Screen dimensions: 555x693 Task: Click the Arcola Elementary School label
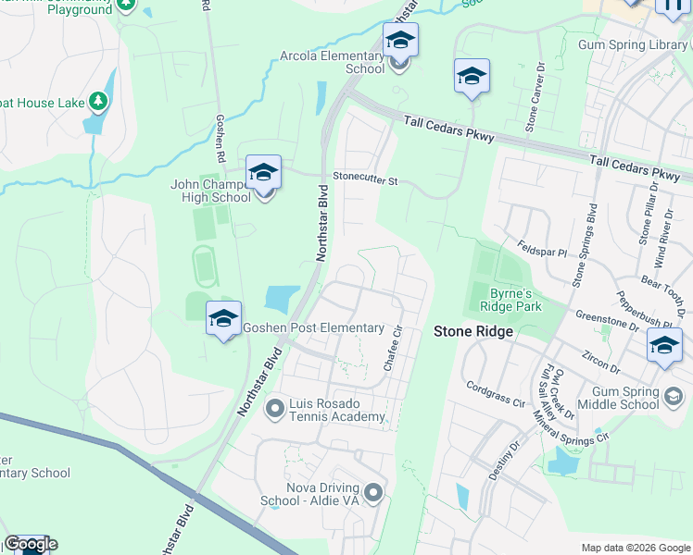pos(333,62)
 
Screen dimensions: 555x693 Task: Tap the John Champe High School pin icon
pos(263,173)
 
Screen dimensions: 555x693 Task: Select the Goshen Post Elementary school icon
pos(223,319)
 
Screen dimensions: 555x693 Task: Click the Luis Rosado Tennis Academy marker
pos(274,407)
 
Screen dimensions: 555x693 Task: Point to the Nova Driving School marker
pos(373,491)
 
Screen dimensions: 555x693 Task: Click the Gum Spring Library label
pos(633,44)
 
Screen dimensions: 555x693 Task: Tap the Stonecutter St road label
pos(365,180)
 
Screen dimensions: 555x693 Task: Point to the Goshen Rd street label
pos(220,134)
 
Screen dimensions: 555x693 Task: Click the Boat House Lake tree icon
pos(96,101)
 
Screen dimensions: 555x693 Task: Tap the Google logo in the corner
pos(31,544)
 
